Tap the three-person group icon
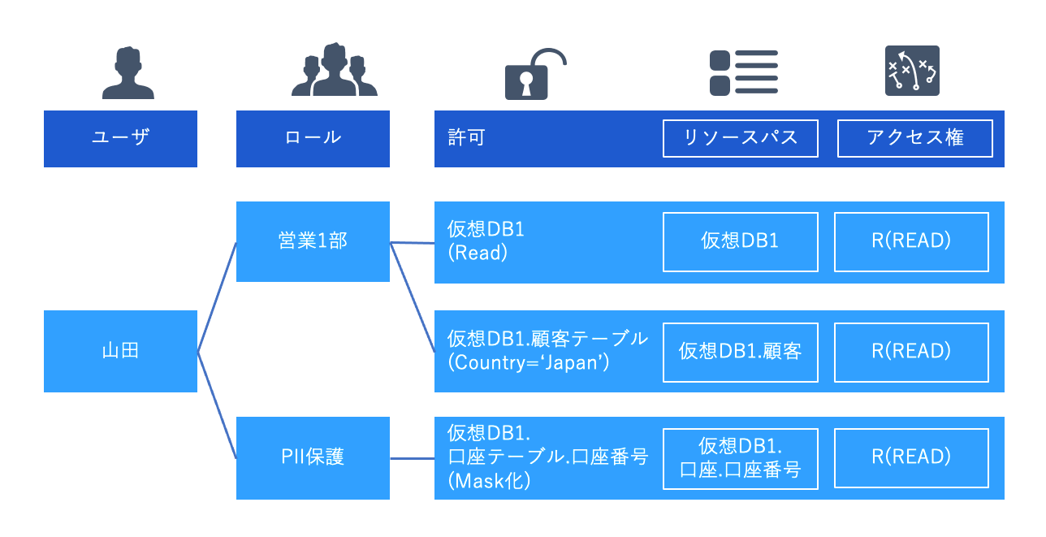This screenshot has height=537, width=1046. (x=335, y=71)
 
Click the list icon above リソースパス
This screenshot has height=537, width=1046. (x=743, y=72)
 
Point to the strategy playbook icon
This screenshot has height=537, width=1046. (x=911, y=72)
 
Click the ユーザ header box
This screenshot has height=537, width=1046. (x=120, y=138)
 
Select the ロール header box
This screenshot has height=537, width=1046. (x=313, y=138)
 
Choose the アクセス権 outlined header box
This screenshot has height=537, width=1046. (x=914, y=138)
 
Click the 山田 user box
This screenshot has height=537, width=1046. (x=120, y=351)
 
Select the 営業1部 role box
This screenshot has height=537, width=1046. (x=313, y=242)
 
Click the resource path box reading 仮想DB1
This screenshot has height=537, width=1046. (x=740, y=242)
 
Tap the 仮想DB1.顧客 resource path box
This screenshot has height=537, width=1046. (x=740, y=351)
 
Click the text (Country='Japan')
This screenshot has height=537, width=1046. (x=529, y=363)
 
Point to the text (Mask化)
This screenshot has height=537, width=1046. (x=489, y=481)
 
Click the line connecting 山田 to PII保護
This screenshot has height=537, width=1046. (x=217, y=405)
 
